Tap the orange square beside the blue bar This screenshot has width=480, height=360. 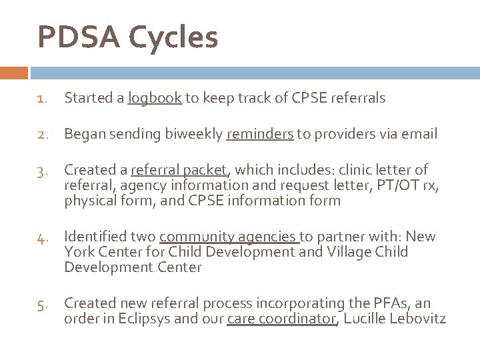[13, 72]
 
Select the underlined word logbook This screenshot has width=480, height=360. [155, 99]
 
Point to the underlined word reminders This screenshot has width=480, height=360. [260, 135]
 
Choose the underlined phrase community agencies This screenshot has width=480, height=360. [229, 237]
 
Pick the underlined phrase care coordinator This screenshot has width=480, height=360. [282, 319]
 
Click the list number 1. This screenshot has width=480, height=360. [41, 99]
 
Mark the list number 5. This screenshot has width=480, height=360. [41, 304]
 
